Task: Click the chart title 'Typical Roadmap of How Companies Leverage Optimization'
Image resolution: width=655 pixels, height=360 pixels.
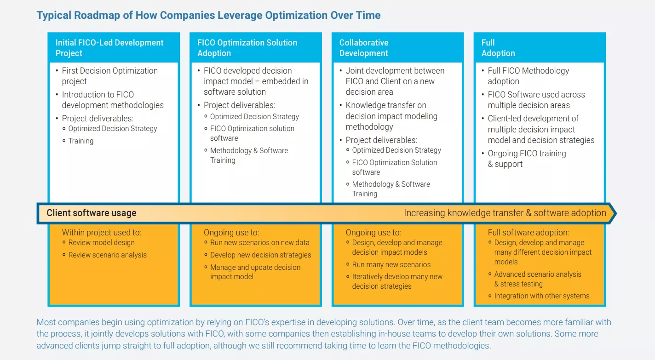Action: tap(208, 15)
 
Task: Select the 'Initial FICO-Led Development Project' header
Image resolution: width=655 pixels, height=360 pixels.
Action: tap(109, 48)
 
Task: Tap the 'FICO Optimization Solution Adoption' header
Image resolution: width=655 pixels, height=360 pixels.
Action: tap(247, 48)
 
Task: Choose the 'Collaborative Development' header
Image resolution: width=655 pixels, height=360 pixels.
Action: tap(364, 48)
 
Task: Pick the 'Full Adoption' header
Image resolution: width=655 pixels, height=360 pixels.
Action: tap(498, 48)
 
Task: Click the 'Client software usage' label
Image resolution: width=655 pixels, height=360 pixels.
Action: tap(92, 213)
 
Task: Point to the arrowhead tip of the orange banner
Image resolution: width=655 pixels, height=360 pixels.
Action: tap(615, 213)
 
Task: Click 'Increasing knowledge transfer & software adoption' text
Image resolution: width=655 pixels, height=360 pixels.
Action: tap(505, 213)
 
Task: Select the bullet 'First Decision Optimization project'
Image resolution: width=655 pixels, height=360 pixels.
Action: tap(109, 76)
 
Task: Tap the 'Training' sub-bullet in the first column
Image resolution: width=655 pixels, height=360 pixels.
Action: tap(81, 141)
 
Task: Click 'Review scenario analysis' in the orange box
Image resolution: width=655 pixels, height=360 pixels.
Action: tap(107, 255)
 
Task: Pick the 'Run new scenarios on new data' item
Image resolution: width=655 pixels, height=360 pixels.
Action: tap(259, 243)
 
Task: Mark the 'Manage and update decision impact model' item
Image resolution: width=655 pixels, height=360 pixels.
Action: tap(255, 272)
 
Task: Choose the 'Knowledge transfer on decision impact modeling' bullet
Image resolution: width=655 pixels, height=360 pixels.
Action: tap(391, 116)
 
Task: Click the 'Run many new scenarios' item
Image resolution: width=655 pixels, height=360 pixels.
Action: tap(391, 265)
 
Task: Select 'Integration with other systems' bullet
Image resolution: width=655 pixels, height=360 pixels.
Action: tap(541, 296)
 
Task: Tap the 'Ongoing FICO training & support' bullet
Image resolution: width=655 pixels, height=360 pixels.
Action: tap(527, 159)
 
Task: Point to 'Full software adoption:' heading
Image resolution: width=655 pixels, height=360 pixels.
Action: tap(528, 233)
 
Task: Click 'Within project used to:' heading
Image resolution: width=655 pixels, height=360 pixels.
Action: tap(102, 233)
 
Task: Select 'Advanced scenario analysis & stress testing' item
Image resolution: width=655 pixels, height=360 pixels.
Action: tap(537, 279)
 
